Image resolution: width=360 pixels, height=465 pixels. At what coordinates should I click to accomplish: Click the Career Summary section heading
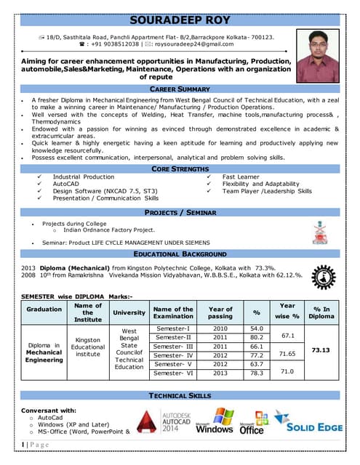180,88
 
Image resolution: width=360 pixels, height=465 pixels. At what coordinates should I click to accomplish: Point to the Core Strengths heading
180,169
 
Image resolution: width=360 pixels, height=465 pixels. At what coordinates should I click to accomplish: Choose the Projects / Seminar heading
180,212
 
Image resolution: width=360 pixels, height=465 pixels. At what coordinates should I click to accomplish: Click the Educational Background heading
180,254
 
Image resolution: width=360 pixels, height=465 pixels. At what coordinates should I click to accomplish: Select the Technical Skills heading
180,395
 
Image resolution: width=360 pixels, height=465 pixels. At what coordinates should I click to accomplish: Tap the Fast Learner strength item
241,177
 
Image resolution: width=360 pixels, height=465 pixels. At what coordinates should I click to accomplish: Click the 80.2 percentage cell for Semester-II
256,337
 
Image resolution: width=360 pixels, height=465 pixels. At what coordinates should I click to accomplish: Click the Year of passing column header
220,313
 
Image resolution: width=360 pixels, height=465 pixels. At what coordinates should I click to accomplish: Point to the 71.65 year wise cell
287,354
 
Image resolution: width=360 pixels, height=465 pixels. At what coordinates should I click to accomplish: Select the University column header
129,313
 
